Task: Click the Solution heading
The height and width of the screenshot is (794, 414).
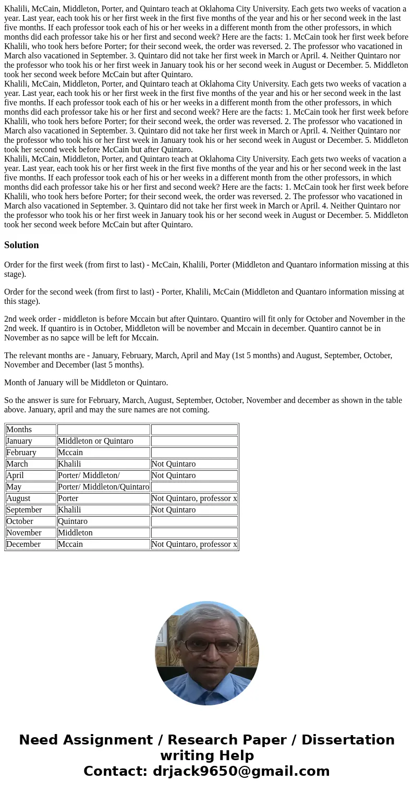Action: [21, 245]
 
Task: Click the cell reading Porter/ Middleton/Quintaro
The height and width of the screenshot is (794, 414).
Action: [103, 487]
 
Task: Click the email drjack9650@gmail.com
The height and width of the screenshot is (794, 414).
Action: [241, 772]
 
